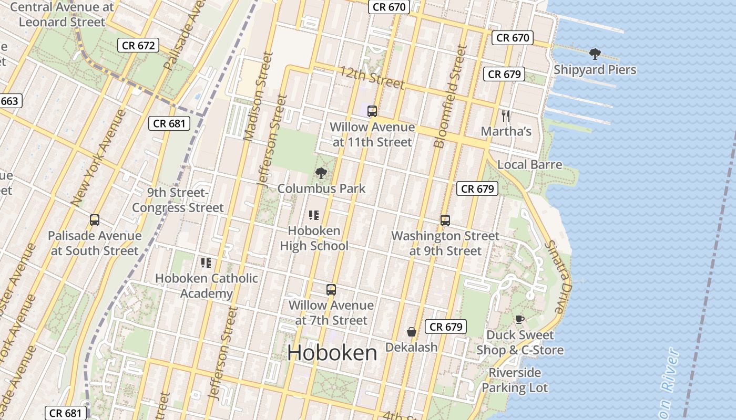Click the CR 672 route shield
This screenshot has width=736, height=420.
click(138, 46)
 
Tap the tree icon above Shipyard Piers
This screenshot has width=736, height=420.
click(595, 54)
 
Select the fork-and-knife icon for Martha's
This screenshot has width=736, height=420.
click(506, 116)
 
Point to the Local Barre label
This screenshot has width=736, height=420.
click(529, 165)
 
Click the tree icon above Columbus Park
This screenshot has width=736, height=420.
click(321, 173)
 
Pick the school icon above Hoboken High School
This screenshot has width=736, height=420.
click(314, 215)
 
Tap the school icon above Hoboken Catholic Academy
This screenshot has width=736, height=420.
click(206, 262)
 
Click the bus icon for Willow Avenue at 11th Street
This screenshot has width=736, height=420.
click(372, 111)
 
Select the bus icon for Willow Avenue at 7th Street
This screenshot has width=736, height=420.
click(331, 289)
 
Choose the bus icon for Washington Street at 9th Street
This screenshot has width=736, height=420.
click(445, 220)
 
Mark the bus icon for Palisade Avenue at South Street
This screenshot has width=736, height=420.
click(95, 220)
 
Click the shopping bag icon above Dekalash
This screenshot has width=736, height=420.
click(412, 332)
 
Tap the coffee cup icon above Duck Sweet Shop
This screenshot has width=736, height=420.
click(519, 319)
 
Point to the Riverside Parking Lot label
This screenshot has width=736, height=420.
click(515, 380)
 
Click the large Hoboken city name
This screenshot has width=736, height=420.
click(332, 353)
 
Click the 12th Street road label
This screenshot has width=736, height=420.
click(372, 78)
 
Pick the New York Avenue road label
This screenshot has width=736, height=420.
click(98, 157)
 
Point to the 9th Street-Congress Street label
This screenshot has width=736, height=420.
click(178, 200)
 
